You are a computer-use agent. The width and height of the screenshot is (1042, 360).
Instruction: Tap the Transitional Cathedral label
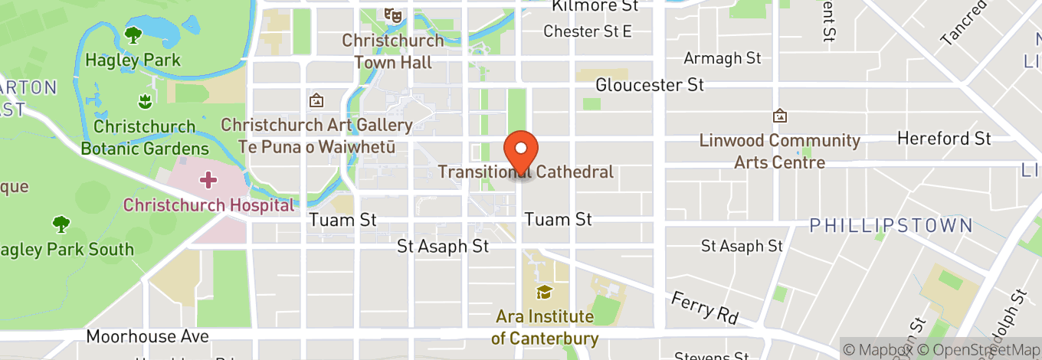pyautogui.click(x=526, y=172)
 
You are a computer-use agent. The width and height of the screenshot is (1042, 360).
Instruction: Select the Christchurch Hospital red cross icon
pyautogui.click(x=208, y=181)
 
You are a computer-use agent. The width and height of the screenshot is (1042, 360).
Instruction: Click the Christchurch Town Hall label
pyautogui.click(x=393, y=51)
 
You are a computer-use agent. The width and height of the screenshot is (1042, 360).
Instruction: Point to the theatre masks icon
pyautogui.click(x=393, y=15)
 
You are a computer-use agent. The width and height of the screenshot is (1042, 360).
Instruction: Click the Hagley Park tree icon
pyautogui.click(x=133, y=34)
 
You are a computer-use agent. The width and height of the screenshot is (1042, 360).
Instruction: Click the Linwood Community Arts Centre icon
pyautogui.click(x=780, y=116)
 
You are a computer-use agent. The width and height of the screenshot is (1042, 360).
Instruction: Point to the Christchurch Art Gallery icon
pyautogui.click(x=316, y=100)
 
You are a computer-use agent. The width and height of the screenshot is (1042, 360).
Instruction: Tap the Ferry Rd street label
pyautogui.click(x=704, y=306)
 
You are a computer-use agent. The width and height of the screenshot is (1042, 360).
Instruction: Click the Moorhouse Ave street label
pyautogui.click(x=147, y=336)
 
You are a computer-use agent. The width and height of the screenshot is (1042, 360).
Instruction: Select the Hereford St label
pyautogui.click(x=944, y=139)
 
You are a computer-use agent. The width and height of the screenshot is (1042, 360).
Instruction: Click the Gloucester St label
pyautogui.click(x=650, y=85)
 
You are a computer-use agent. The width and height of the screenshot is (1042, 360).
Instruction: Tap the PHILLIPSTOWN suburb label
pyautogui.click(x=892, y=226)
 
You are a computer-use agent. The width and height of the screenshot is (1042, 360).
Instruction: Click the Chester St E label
pyautogui.click(x=588, y=31)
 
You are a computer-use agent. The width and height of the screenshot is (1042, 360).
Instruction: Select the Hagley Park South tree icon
pyautogui.click(x=61, y=224)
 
